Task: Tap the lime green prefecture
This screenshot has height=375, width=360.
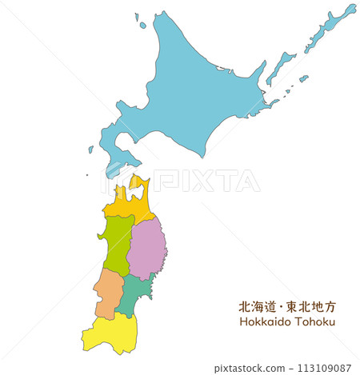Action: (116, 244)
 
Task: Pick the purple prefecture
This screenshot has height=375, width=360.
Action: (148, 248)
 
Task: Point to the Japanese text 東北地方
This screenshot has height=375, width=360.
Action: (309, 305)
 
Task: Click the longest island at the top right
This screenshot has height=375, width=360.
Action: (330, 28)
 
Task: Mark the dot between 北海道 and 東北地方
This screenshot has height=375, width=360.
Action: (282, 306)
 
